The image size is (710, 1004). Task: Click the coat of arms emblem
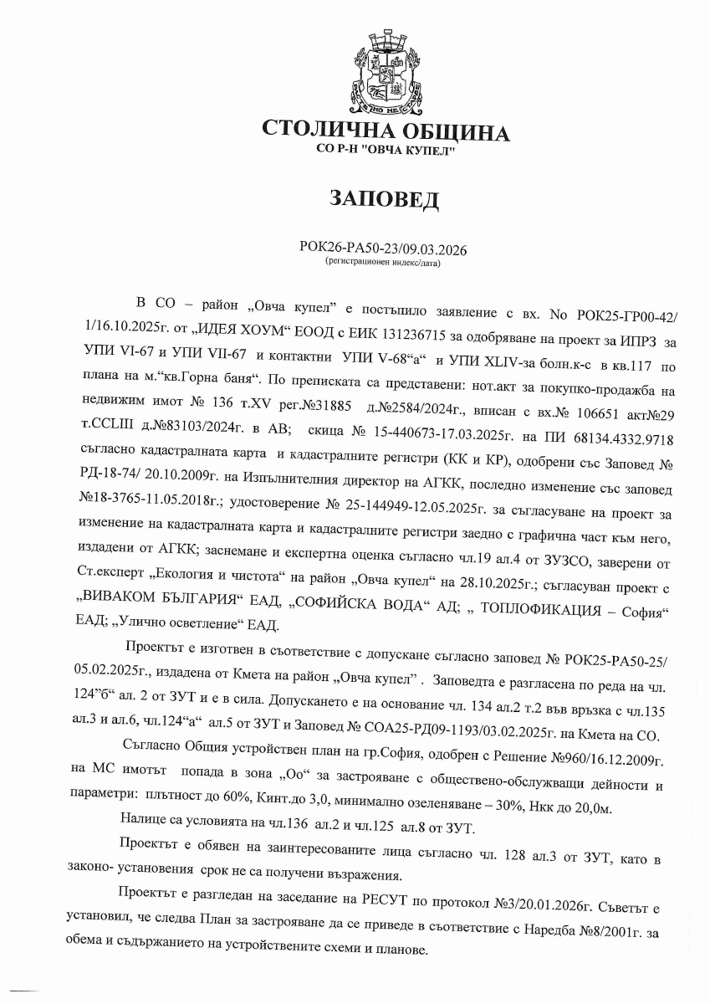click(386, 73)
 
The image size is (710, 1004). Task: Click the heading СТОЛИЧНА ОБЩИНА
click(386, 132)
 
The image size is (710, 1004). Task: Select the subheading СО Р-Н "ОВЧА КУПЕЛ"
click(386, 150)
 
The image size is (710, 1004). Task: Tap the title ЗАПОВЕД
click(386, 198)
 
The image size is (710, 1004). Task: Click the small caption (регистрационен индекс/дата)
click(383, 262)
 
